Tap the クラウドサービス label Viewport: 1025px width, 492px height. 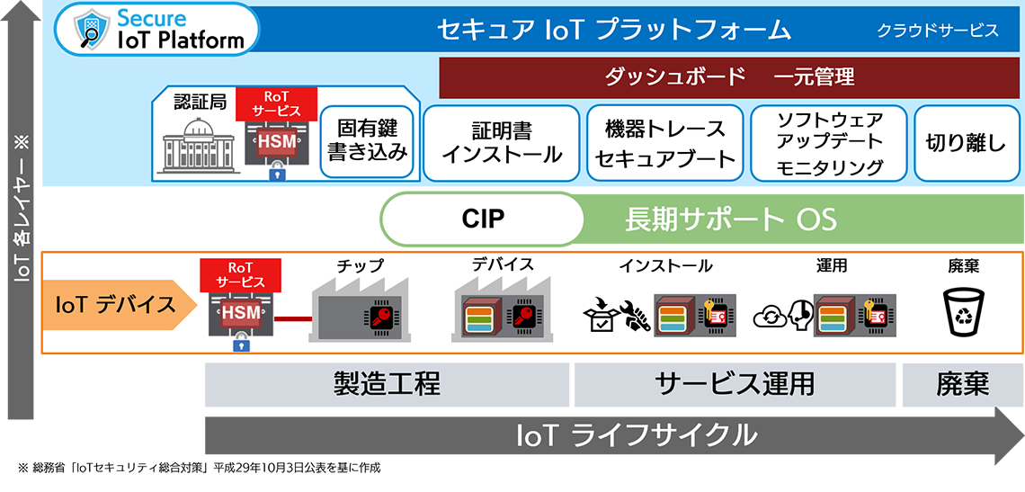pos(938,31)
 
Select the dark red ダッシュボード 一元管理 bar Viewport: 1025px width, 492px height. pos(729,77)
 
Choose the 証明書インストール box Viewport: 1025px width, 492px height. pos(502,142)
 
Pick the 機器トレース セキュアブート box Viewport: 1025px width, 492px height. pos(665,143)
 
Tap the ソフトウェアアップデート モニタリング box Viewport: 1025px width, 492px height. pos(829,142)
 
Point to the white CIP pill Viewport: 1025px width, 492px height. pos(483,219)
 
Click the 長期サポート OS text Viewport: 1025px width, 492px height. pos(730,219)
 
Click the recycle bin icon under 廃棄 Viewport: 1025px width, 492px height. pos(963,311)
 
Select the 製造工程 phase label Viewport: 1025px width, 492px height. pos(387,384)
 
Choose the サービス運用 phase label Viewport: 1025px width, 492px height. pos(735,384)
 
